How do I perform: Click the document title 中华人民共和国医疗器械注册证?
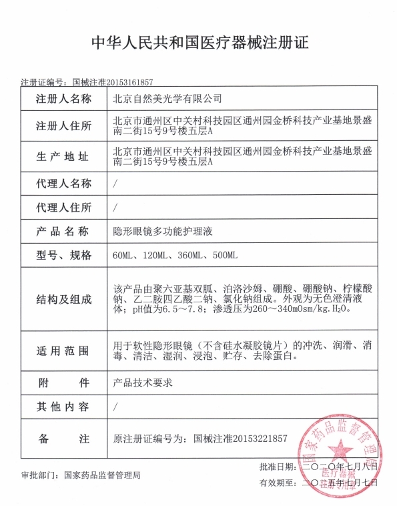click(199, 44)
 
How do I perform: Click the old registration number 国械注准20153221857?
click(241, 439)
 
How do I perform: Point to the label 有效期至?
click(277, 482)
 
